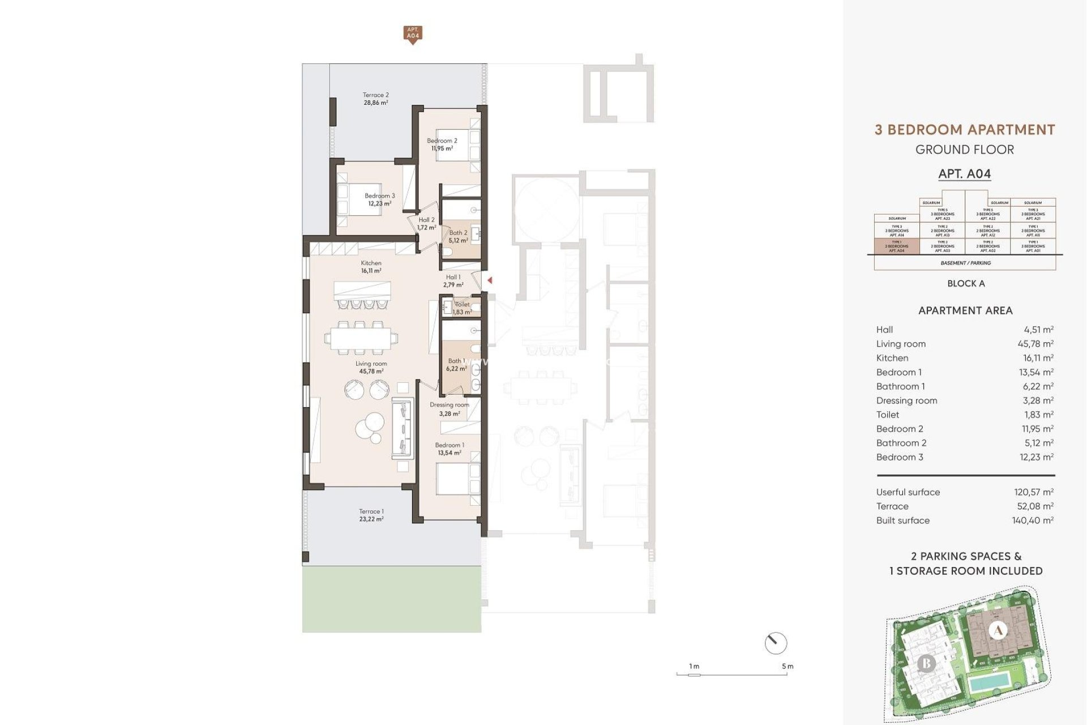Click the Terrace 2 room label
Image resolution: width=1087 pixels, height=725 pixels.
[x=375, y=96]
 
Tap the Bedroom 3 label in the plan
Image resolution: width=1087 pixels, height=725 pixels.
[x=379, y=196]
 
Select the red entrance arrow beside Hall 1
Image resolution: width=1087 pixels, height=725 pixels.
[x=490, y=280]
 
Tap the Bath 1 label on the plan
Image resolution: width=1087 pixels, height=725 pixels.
[x=456, y=361]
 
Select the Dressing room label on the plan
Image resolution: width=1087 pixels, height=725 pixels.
[x=449, y=405]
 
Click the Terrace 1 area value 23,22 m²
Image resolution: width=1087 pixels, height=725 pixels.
[x=371, y=519]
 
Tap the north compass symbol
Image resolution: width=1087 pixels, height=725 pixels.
[x=775, y=643]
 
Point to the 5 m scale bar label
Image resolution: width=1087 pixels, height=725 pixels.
[x=788, y=667]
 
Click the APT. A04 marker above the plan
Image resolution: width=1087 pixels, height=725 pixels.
[x=413, y=33]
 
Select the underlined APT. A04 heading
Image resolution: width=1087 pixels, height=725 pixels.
[x=964, y=174]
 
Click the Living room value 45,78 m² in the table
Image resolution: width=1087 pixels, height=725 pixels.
[x=1035, y=344]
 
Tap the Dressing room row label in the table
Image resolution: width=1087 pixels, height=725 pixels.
[x=906, y=400]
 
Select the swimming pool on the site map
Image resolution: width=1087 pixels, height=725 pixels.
[x=989, y=684]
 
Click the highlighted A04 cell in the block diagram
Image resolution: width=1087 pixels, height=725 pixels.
[x=897, y=246]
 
